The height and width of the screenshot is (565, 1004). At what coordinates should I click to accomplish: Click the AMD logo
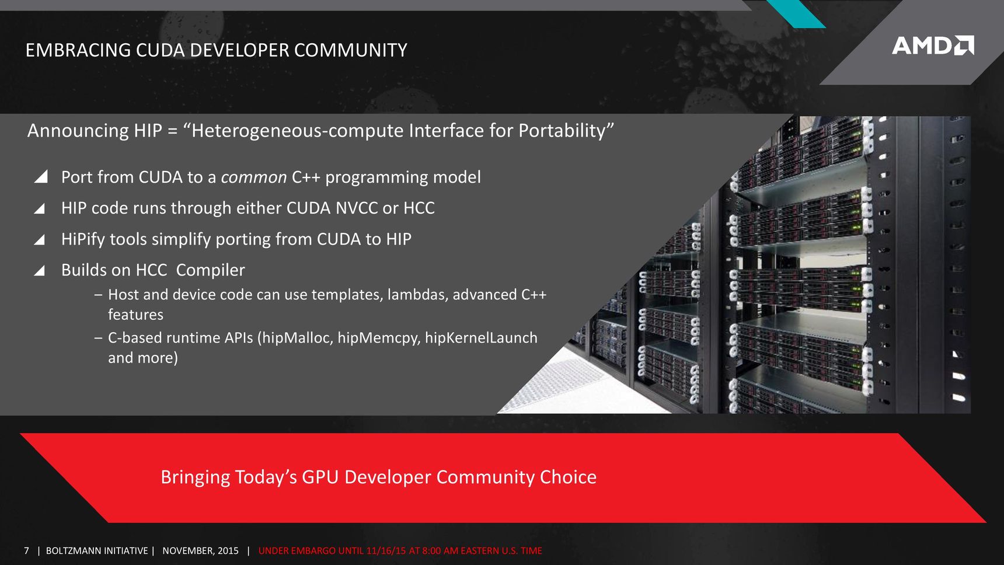click(933, 45)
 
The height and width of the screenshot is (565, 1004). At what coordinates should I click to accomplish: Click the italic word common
click(254, 177)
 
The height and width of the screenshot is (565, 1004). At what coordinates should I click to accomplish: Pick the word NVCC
click(357, 208)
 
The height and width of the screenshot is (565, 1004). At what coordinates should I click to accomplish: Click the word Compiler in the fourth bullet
click(210, 270)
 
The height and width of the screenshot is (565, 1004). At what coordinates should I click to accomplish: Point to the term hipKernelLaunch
click(481, 338)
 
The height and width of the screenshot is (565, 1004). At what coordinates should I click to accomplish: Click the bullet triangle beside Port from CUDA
click(40, 177)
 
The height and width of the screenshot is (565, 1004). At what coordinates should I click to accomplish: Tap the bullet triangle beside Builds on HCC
click(40, 270)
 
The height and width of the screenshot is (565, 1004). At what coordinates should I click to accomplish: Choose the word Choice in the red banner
click(568, 477)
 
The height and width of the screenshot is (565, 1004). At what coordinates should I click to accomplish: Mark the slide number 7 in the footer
click(26, 550)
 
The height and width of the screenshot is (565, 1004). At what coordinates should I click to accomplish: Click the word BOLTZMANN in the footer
click(72, 550)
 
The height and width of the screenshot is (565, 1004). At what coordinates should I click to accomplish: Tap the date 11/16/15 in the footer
click(386, 550)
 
